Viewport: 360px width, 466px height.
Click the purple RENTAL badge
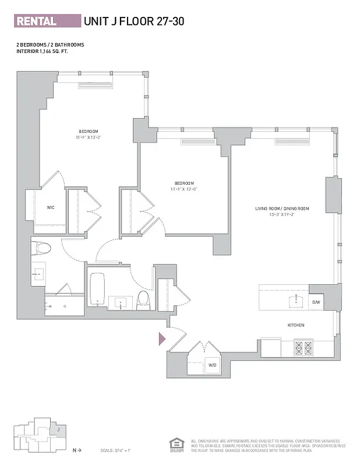point(47,22)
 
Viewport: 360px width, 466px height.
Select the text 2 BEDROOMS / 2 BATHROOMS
point(50,44)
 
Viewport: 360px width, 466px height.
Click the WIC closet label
point(50,207)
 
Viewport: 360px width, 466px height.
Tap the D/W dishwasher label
point(316,302)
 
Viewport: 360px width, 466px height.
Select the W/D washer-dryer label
point(213,365)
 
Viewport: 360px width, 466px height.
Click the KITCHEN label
point(295,325)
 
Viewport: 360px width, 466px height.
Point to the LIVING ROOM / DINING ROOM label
point(281,208)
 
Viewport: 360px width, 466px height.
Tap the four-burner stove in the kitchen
point(303,348)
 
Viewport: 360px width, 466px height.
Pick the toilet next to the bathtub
point(143,299)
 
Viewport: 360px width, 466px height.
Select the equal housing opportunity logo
point(174,444)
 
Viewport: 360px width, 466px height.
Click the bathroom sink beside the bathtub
point(121,302)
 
